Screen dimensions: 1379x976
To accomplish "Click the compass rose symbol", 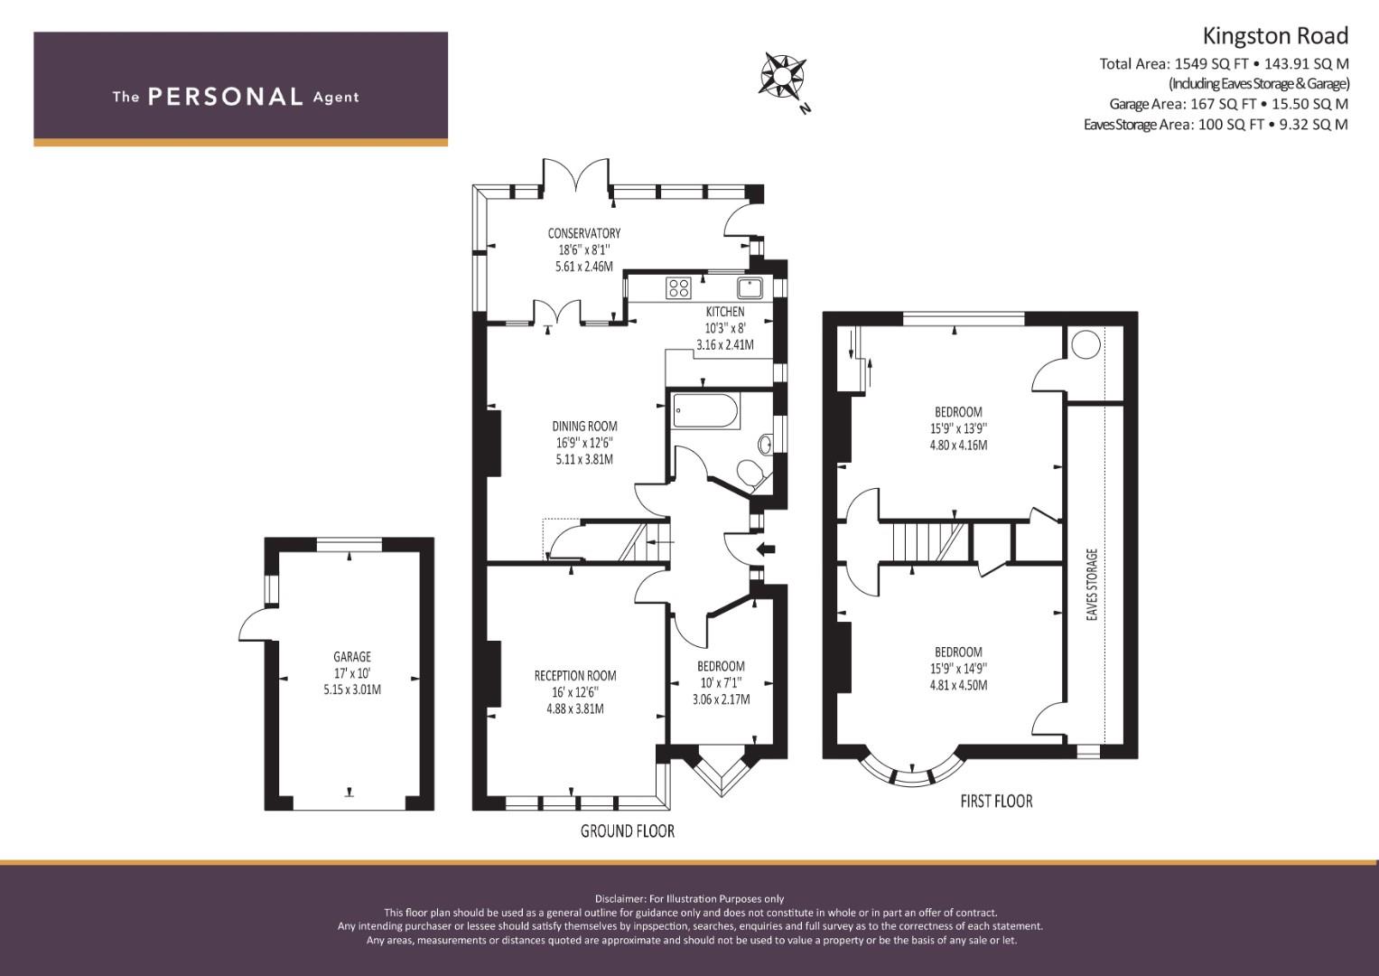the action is click(782, 75).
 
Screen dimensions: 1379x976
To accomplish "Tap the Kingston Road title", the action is click(1275, 36).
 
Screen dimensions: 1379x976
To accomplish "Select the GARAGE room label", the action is click(352, 657).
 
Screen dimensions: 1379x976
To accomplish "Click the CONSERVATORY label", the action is click(584, 233).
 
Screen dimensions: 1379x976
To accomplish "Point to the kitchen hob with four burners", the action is click(678, 287).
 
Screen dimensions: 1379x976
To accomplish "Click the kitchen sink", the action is click(750, 287).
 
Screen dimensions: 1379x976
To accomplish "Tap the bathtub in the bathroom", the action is click(705, 411).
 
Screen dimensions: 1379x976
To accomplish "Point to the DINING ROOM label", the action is click(584, 426).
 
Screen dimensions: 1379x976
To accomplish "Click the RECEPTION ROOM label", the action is click(575, 675).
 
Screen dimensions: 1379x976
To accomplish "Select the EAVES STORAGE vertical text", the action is click(1092, 584).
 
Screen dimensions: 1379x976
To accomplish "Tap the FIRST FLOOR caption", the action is click(997, 801).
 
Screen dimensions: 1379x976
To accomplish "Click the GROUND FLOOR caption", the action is click(628, 831).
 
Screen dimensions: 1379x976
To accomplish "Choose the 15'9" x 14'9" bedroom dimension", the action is click(958, 668).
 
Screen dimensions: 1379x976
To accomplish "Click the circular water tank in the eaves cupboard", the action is click(1085, 344).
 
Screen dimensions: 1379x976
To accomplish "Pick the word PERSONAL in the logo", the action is click(226, 97).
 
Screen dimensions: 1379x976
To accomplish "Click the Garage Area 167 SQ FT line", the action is click(1229, 104).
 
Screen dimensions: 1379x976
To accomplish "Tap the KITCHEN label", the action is click(725, 312).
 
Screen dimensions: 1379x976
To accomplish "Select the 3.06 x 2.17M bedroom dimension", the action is click(721, 699).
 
